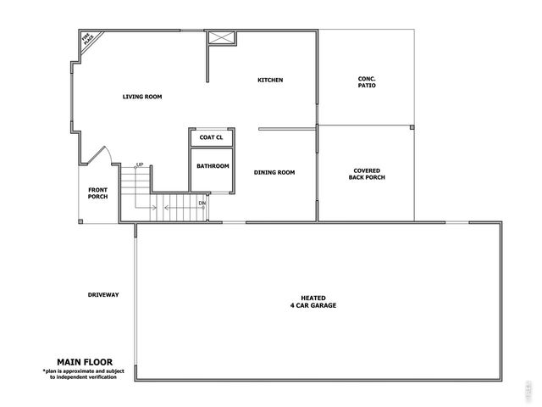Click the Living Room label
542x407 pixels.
pos(141,97)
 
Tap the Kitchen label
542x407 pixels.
pos(270,81)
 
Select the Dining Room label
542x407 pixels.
pos(274,172)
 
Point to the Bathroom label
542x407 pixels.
pos(213,166)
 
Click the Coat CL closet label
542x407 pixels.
pos(211,137)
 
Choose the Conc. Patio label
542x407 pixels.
pos(367,82)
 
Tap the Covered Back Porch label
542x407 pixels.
pos(367,175)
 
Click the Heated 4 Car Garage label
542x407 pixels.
pos(312,301)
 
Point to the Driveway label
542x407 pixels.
pos(103,295)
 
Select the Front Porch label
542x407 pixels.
pos(98,193)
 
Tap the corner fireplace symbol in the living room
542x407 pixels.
pos(88,40)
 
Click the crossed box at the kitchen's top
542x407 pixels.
pos(224,38)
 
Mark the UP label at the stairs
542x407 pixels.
pos(139,165)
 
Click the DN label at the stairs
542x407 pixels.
pos(202,203)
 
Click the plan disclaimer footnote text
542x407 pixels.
pos(80,374)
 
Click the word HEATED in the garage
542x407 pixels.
pos(312,298)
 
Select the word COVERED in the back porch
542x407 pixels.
pos(367,170)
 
